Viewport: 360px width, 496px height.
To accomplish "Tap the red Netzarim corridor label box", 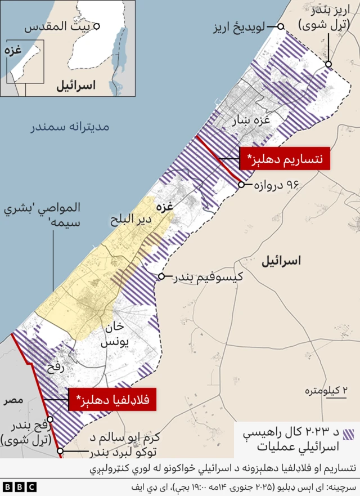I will pyautogui.click(x=284, y=158).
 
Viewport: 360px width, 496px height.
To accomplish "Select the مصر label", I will pyautogui.click(x=12, y=400).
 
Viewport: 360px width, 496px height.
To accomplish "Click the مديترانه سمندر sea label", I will pyautogui.click(x=70, y=127).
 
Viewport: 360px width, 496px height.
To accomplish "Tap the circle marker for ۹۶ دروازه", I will pyautogui.click(x=242, y=184).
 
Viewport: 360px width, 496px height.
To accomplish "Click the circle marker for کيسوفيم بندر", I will pyautogui.click(x=161, y=276).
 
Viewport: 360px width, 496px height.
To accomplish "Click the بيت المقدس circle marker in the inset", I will pyautogui.click(x=97, y=26).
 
